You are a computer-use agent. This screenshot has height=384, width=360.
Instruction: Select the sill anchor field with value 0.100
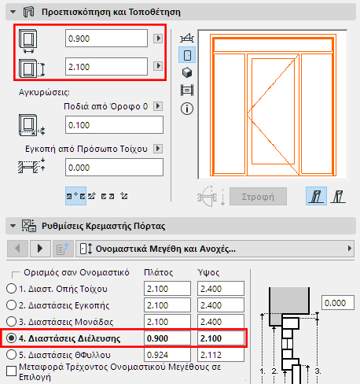[113, 125]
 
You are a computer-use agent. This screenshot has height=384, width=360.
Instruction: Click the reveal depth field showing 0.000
[113, 167]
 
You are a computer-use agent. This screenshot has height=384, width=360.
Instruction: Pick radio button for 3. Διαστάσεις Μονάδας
[11, 323]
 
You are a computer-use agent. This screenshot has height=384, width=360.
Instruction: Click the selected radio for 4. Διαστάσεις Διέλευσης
[11, 338]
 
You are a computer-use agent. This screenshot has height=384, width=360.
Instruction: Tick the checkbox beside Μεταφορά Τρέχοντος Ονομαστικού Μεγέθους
[10, 369]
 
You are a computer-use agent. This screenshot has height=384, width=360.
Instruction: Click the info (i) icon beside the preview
[187, 109]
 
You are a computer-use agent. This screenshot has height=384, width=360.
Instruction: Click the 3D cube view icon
[187, 72]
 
